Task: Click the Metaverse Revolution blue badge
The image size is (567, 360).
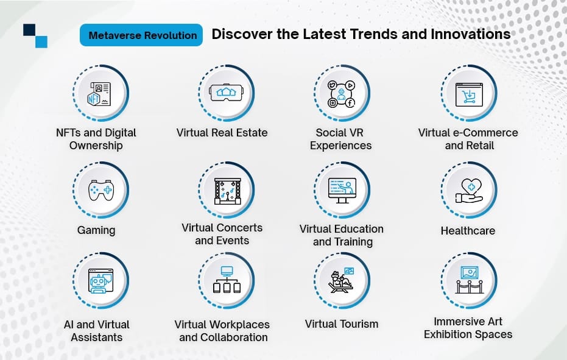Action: [141, 35]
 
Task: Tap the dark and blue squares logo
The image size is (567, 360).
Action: [35, 36]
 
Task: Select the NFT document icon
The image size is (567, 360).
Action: [99, 94]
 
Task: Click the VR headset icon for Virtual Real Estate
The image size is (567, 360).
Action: [227, 93]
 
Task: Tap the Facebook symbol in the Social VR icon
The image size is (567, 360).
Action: [350, 103]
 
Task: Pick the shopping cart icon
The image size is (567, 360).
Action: [469, 95]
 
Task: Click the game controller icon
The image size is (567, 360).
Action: [101, 190]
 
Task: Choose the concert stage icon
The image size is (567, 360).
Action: [227, 191]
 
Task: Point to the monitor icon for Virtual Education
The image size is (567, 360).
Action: [342, 190]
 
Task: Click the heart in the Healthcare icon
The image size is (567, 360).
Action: [471, 186]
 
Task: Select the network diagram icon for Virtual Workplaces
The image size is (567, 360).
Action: [227, 280]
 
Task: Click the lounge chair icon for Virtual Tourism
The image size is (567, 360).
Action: [340, 282]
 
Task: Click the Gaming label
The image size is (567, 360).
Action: [96, 230]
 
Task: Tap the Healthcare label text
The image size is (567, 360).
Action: [468, 230]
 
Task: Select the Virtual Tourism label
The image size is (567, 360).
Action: [341, 324]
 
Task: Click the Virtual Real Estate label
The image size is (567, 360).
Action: [222, 133]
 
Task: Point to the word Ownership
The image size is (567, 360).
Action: [96, 146]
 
